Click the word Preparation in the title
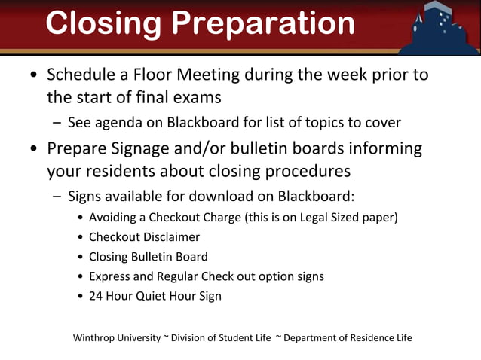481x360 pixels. click(x=263, y=23)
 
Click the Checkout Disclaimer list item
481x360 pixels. click(x=144, y=237)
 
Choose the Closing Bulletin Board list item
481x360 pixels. click(x=148, y=257)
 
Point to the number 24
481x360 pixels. click(x=97, y=296)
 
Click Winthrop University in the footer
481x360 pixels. click(x=117, y=337)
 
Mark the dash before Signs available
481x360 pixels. click(x=57, y=197)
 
